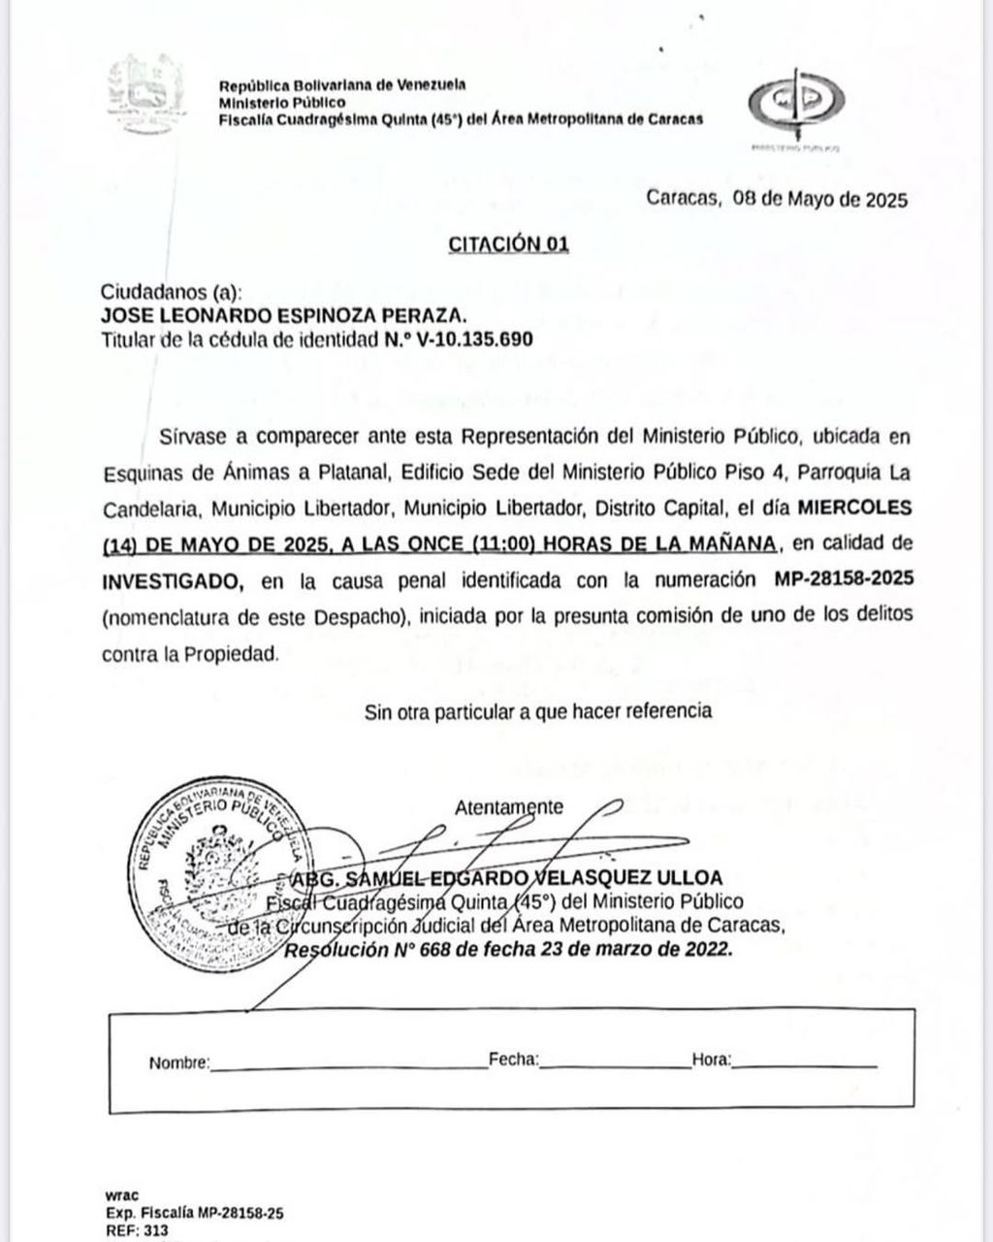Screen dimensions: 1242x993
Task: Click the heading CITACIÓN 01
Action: point(508,244)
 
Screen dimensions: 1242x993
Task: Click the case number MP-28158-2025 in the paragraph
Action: point(844,579)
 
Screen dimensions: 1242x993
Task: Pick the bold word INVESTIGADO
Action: point(173,580)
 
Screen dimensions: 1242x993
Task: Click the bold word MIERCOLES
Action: point(853,507)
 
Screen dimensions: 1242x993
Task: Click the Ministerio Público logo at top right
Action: point(796,104)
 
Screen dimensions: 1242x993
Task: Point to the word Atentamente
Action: point(508,806)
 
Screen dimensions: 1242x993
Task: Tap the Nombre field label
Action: point(178,1062)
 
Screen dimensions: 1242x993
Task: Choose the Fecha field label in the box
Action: point(514,1061)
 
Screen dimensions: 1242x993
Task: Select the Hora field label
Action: point(712,1061)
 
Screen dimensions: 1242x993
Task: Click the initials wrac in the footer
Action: point(120,1194)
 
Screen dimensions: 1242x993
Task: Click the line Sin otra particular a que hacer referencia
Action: point(538,711)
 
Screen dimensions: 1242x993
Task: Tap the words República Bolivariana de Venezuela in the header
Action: point(342,84)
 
